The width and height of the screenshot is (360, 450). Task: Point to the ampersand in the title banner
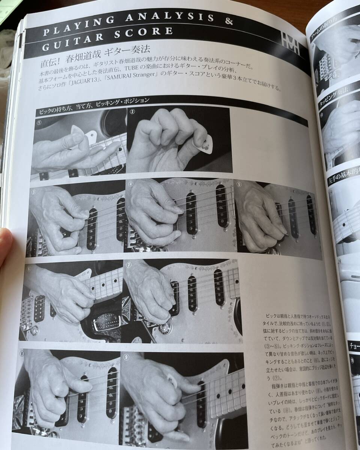(x=229, y=21)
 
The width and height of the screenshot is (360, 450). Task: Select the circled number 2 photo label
(x=133, y=111)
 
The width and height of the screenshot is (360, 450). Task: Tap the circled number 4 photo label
(x=130, y=184)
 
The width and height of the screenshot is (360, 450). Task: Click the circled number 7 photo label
(x=129, y=265)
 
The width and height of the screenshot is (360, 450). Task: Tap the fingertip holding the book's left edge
(x=5, y=244)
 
